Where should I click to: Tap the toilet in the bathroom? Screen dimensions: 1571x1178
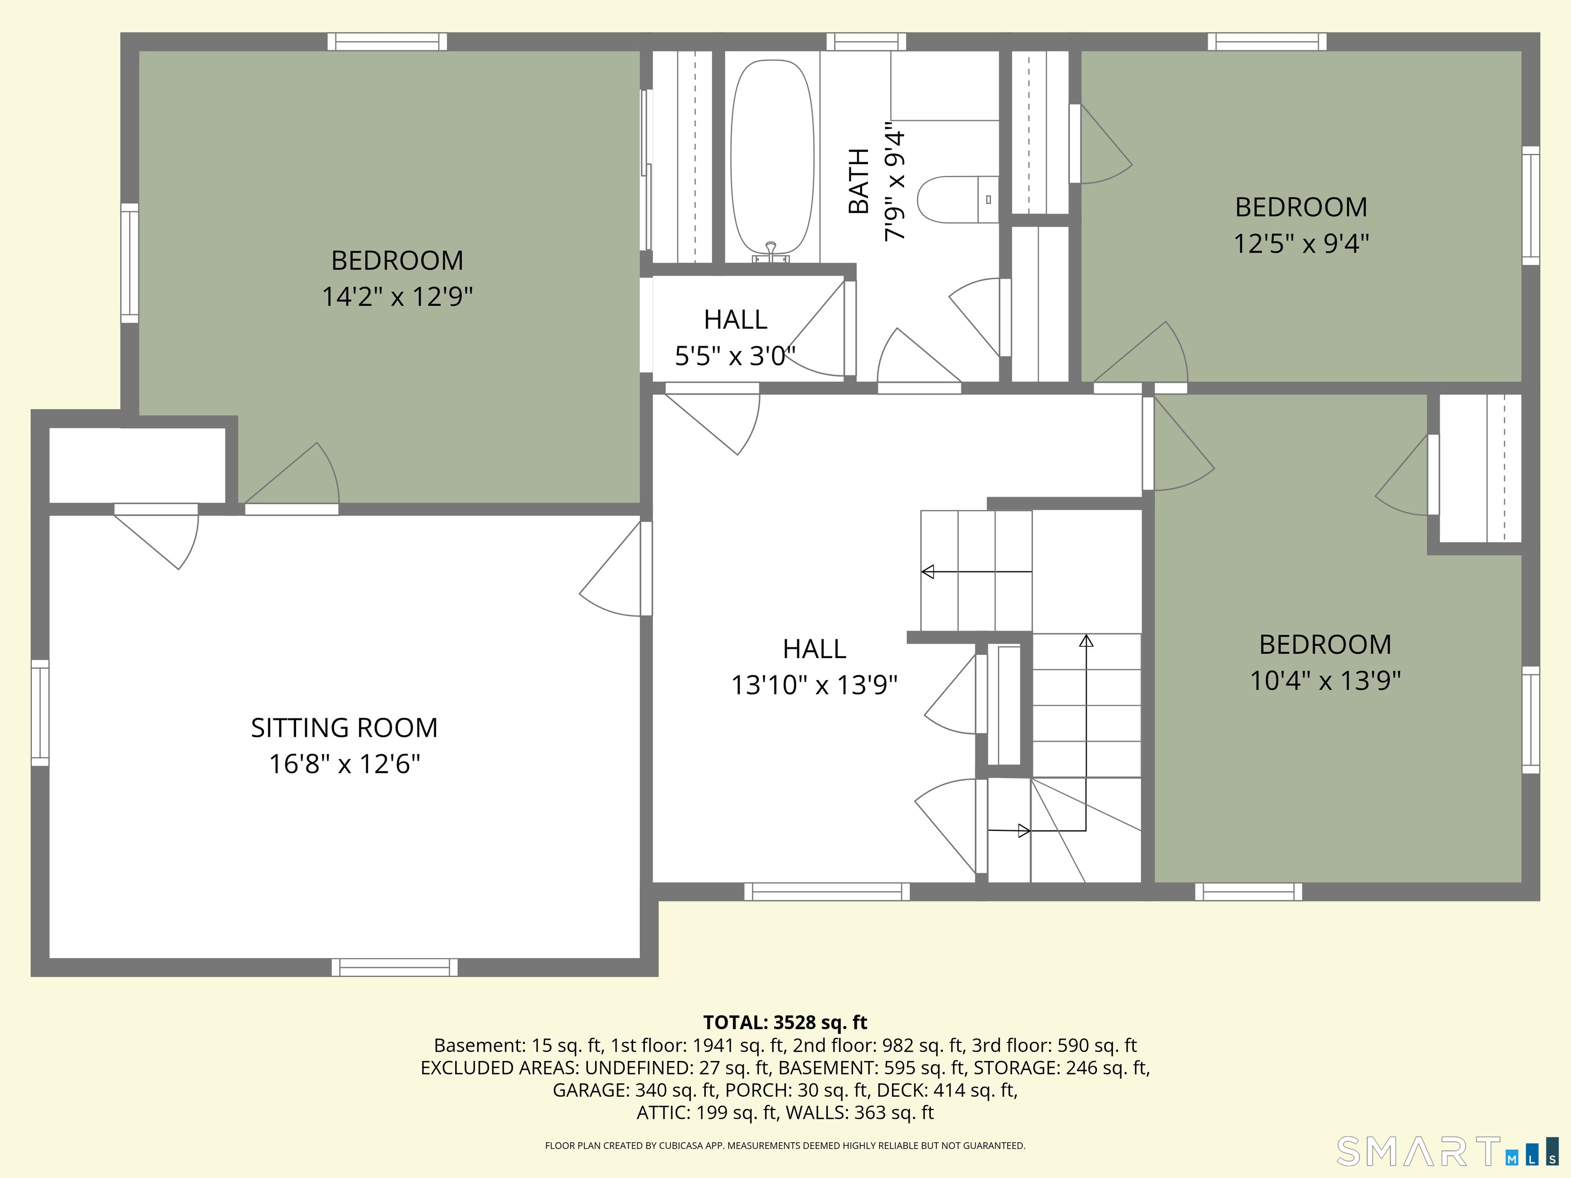(x=958, y=199)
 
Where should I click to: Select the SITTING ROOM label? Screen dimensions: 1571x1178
(x=345, y=728)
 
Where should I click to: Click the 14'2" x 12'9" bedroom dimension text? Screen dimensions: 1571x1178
(x=398, y=296)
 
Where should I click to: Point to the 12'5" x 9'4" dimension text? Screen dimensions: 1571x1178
(x=1301, y=243)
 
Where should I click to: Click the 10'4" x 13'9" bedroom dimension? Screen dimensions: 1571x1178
(x=1325, y=680)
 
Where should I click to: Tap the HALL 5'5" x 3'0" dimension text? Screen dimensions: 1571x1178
(x=735, y=355)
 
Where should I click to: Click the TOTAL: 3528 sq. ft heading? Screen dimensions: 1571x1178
(x=785, y=1023)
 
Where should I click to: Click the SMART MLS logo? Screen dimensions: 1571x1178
(x=1447, y=1151)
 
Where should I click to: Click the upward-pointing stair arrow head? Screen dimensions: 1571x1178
(x=1086, y=641)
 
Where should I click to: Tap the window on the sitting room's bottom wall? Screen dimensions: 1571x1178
(x=395, y=967)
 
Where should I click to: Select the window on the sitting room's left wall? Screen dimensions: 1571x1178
(x=40, y=713)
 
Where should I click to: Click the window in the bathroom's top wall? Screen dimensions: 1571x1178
(x=866, y=42)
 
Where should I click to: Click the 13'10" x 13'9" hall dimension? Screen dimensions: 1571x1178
(x=815, y=685)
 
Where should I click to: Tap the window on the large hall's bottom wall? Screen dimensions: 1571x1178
(x=827, y=892)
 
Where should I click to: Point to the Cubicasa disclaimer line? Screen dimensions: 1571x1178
(x=785, y=1145)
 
